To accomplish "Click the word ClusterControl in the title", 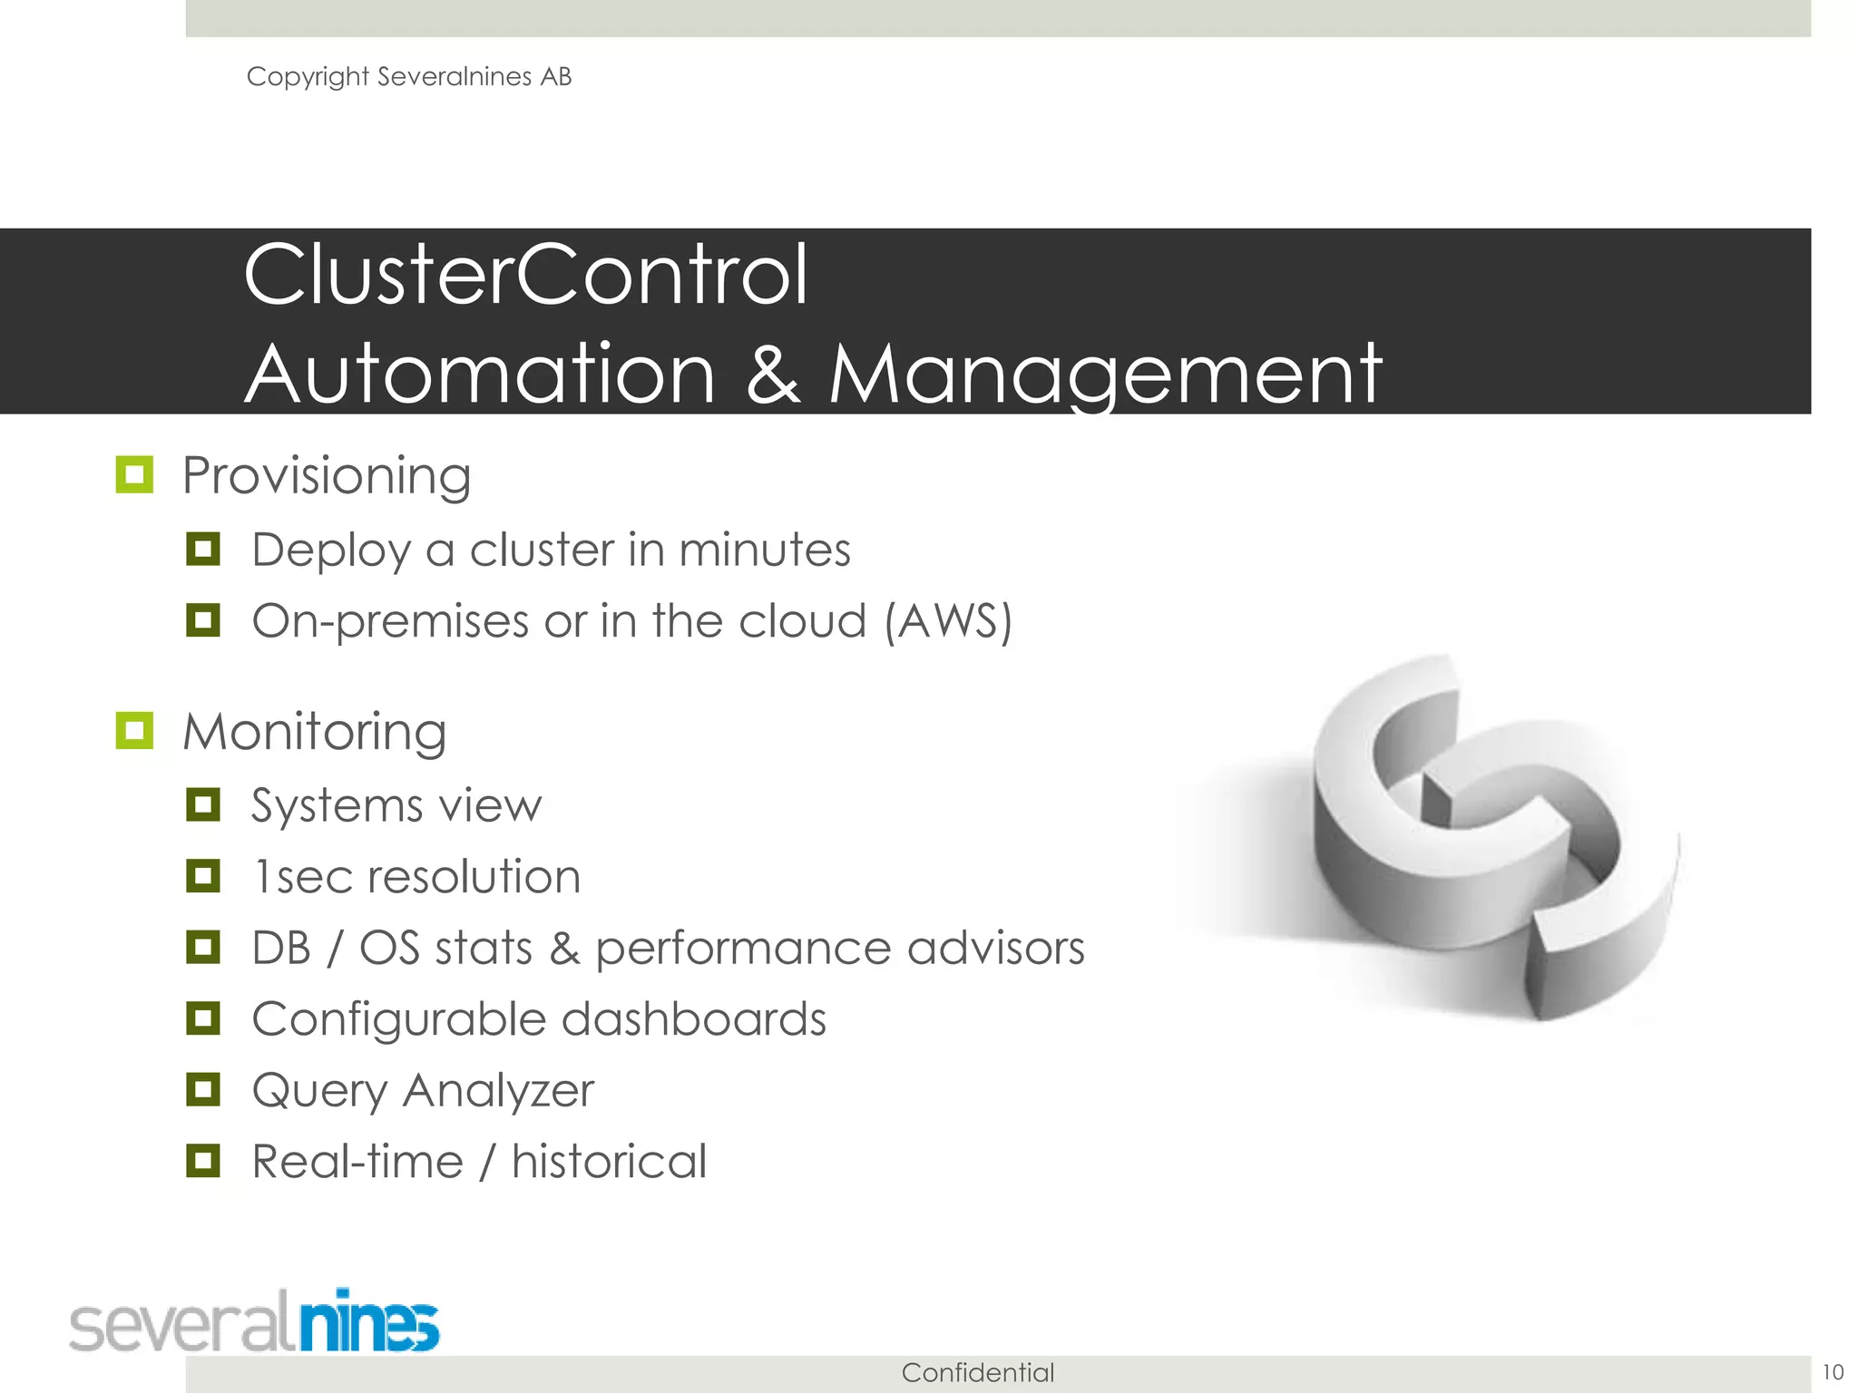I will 525,275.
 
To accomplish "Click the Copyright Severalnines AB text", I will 409,77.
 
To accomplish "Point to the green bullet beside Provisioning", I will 134,474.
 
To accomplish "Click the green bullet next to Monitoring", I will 134,730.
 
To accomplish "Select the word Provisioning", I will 327,476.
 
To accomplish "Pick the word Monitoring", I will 314,732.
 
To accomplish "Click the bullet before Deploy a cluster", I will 203,549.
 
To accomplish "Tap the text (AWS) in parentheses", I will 948,622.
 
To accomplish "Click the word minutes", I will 765,550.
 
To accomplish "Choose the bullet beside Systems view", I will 203,804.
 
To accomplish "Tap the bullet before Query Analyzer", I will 203,1089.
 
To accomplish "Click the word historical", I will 609,1162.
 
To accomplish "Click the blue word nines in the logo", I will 369,1322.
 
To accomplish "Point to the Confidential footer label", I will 978,1373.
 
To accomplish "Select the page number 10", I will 1833,1372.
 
